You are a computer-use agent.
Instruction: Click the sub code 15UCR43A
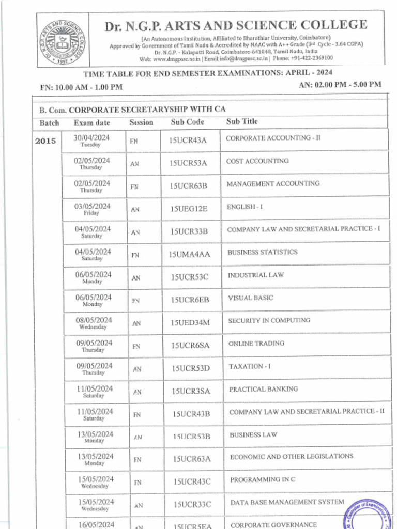click(188, 140)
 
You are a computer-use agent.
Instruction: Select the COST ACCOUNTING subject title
click(257, 161)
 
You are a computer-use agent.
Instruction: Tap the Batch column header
click(49, 123)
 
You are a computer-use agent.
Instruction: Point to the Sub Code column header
click(187, 122)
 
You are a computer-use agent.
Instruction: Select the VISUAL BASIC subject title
click(251, 298)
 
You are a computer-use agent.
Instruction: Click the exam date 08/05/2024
click(93, 320)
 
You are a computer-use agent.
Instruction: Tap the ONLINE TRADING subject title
click(256, 344)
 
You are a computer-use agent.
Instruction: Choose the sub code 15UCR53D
click(191, 368)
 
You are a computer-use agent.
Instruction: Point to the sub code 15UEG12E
click(188, 209)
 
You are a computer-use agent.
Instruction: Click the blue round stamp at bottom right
click(368, 515)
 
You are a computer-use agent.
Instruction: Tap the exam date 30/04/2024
click(91, 138)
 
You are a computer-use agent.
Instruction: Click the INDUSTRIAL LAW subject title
click(256, 275)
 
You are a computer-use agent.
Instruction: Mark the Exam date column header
click(91, 123)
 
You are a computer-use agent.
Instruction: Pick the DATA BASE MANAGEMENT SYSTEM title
click(287, 502)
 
